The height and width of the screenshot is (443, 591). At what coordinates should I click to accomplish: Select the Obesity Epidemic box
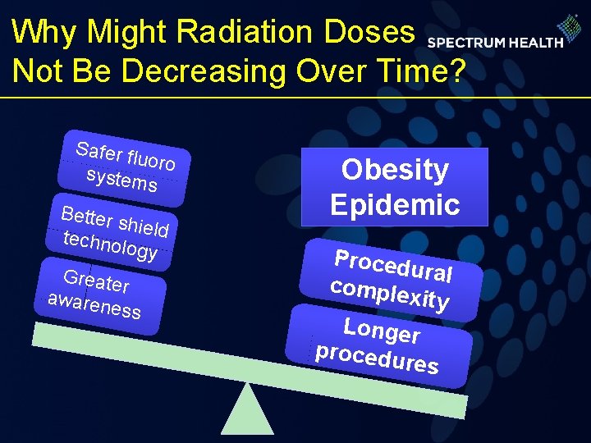click(x=395, y=187)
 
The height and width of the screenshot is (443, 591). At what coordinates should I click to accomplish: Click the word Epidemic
click(x=395, y=204)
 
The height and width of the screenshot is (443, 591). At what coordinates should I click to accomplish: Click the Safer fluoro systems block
click(x=125, y=167)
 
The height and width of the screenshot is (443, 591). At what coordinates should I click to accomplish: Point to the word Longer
click(x=382, y=331)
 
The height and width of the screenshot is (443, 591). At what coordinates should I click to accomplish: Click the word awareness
click(x=94, y=305)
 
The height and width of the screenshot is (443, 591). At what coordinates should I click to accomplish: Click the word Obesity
click(x=395, y=170)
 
